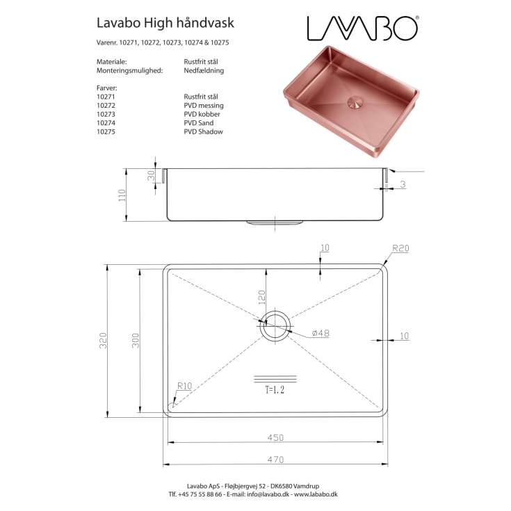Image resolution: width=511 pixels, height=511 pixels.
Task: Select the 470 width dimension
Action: click(276, 458)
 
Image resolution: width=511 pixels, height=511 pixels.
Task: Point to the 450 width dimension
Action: click(276, 437)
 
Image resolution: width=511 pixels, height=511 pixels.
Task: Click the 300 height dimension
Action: click(136, 341)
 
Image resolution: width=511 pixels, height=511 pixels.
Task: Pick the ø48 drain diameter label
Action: click(320, 334)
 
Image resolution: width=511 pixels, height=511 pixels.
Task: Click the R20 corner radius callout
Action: click(401, 248)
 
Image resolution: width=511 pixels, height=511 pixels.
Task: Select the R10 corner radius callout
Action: click(184, 386)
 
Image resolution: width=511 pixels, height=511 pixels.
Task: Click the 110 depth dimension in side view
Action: click(122, 195)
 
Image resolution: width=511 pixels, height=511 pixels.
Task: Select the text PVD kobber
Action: click(202, 114)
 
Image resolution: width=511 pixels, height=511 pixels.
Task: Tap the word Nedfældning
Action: click(204, 70)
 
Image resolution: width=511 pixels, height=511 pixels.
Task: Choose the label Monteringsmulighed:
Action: click(129, 70)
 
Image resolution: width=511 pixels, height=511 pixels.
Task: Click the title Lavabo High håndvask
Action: click(165, 24)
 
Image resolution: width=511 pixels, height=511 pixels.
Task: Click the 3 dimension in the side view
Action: click(403, 184)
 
